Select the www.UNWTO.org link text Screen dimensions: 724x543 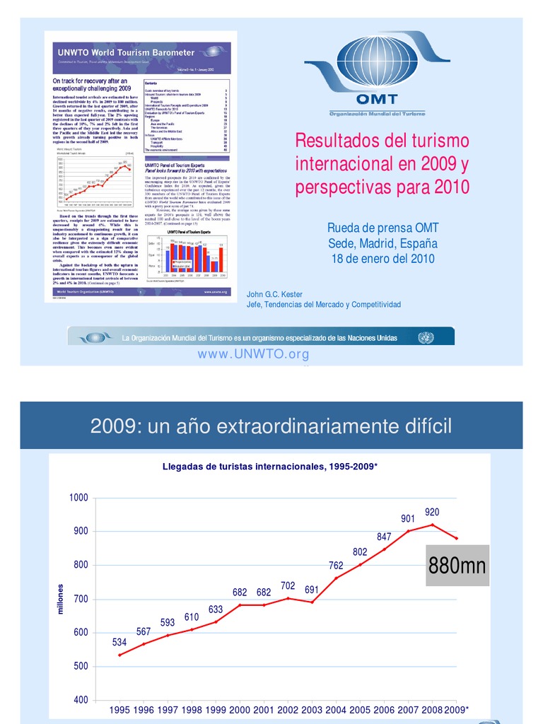(x=253, y=354)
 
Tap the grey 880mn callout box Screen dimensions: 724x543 (x=457, y=566)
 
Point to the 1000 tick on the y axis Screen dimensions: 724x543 (x=78, y=498)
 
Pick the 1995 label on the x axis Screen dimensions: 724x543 (x=119, y=710)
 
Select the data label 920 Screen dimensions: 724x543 (x=433, y=511)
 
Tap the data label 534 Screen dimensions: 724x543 (x=119, y=643)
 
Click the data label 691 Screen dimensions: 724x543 (x=312, y=589)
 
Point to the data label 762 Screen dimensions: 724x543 (x=336, y=565)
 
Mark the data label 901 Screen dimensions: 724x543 (x=408, y=518)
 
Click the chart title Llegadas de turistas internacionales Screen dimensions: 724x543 (x=270, y=467)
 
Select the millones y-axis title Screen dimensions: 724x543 (x=61, y=599)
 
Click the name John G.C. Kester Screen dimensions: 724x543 (x=275, y=294)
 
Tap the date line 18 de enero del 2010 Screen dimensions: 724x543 (x=383, y=259)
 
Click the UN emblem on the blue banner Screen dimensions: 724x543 (x=425, y=337)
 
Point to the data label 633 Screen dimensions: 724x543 (x=216, y=609)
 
